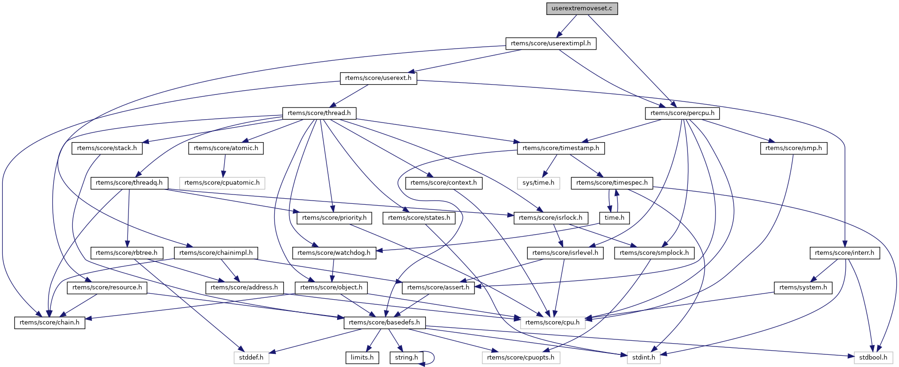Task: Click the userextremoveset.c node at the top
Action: (x=582, y=8)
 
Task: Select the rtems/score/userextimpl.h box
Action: (x=551, y=43)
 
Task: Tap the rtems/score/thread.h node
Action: (x=319, y=113)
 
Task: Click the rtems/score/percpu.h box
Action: (x=682, y=113)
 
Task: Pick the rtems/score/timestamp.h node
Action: (x=561, y=148)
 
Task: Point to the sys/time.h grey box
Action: (x=538, y=183)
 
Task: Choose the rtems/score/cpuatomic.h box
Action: (x=222, y=183)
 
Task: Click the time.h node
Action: (x=615, y=218)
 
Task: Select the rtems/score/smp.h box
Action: (x=794, y=148)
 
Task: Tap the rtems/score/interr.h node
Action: (x=845, y=253)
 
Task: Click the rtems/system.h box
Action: (x=803, y=288)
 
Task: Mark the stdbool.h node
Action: (x=873, y=358)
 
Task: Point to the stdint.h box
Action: (x=644, y=358)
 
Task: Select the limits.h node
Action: (x=362, y=358)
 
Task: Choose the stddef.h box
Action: (x=251, y=358)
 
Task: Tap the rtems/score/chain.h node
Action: (x=50, y=323)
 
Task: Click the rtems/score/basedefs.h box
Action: (x=384, y=323)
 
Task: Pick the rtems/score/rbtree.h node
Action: (x=127, y=253)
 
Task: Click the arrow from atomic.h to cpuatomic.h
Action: (x=224, y=166)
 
